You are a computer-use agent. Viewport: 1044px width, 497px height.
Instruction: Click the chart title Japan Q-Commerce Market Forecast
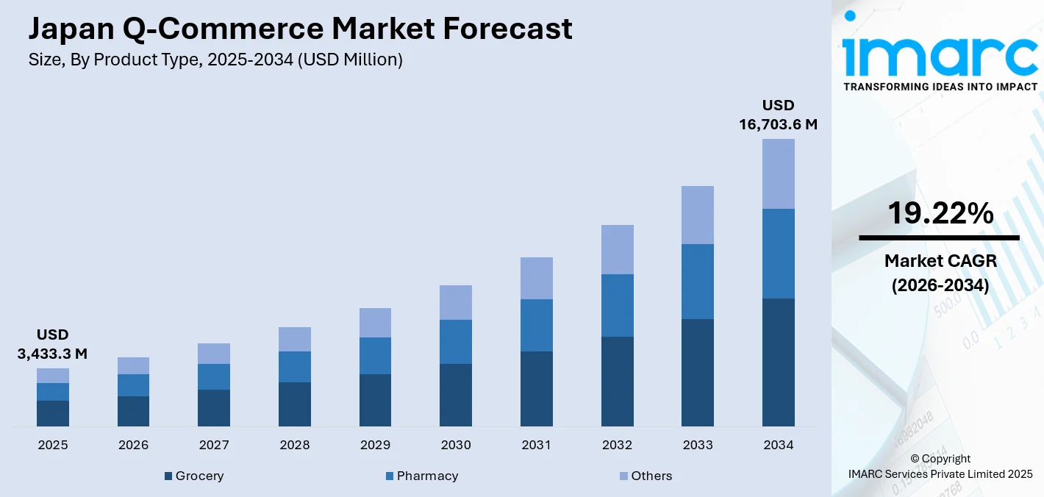pos(300,29)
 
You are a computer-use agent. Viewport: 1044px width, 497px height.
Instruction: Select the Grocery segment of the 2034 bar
pos(778,362)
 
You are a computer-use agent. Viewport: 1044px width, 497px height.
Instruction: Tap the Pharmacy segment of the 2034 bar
pos(778,254)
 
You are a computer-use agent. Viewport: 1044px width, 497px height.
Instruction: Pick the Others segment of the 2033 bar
pos(697,215)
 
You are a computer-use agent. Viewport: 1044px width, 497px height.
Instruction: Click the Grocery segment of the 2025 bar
pos(53,413)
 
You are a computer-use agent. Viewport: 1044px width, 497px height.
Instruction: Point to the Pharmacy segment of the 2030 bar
pos(456,342)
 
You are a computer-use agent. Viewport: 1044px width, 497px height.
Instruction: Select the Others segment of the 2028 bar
pos(295,339)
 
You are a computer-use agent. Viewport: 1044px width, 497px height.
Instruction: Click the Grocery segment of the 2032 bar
pos(617,381)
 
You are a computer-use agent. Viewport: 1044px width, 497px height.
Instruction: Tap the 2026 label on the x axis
pos(133,445)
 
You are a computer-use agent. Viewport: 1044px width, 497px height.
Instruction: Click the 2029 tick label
pos(375,445)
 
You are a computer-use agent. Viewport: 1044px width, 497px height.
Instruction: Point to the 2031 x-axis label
pos(536,445)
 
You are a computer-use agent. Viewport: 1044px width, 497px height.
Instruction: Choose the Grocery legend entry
pos(194,476)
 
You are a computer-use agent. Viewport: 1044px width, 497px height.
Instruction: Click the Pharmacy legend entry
pos(421,476)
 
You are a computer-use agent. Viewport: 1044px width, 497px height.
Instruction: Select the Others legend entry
pos(646,476)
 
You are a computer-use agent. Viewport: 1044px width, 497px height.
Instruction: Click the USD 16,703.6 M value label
pos(778,115)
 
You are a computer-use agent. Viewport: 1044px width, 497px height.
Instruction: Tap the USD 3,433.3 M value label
pos(52,345)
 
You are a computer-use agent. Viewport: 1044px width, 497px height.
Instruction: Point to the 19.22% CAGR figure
pos(940,213)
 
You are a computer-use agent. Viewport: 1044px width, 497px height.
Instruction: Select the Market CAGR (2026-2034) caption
pos(940,273)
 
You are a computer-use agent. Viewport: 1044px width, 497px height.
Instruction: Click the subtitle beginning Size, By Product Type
pos(215,60)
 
